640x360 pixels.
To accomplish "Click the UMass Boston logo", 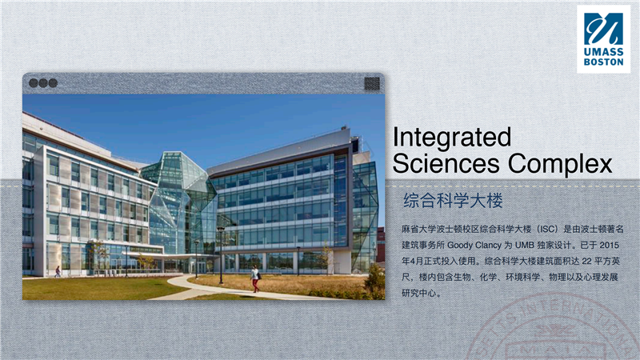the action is pos(603,38).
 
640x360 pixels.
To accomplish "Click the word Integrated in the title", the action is pos(452,138).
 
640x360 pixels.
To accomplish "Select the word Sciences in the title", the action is pos(446,163).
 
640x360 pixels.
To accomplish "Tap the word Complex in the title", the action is pos(560,165).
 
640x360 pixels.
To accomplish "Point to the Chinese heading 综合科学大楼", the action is pos(453,200).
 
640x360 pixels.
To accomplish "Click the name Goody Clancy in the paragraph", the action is pos(474,246).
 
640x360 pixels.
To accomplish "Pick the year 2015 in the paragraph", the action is pos(610,245).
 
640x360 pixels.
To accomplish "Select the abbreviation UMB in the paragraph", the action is pos(524,245).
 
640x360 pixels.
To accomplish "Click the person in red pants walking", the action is pos(255,278).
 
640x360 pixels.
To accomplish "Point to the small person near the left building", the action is pos(58,271).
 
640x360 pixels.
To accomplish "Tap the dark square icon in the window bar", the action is pos(372,83).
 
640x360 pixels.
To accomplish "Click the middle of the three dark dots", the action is pos(43,83).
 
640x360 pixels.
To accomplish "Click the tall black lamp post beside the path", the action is pos(221,255).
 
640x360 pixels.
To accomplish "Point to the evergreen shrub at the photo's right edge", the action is pos(375,281).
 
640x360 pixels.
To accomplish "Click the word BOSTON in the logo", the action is pos(604,62).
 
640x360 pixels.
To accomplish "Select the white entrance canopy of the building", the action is pos(163,255).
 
